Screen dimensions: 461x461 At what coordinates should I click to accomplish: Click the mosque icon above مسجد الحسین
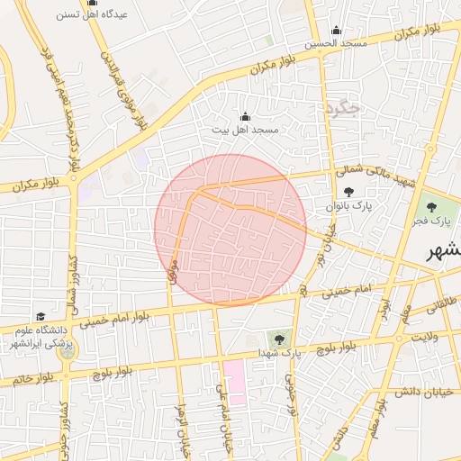[337, 30]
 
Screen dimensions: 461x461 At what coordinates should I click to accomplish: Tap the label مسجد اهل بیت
[246, 131]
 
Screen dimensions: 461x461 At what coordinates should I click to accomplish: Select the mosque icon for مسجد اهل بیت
[245, 116]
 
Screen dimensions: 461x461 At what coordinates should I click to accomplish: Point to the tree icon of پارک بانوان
[348, 191]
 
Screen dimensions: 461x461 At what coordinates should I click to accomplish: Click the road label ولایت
[425, 337]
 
